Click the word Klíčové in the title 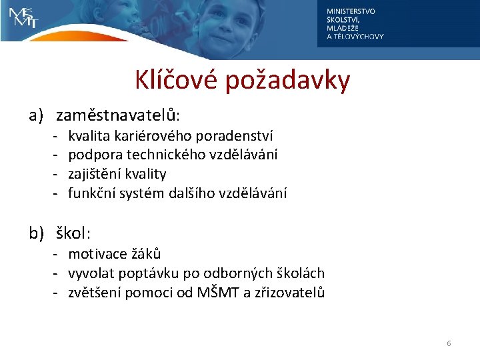tap(177, 81)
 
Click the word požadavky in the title tap(287, 81)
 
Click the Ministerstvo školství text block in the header tap(355, 24)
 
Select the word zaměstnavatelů tap(117, 116)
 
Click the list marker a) tap(36, 116)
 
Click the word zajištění tap(94, 174)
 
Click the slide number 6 tap(449, 343)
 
